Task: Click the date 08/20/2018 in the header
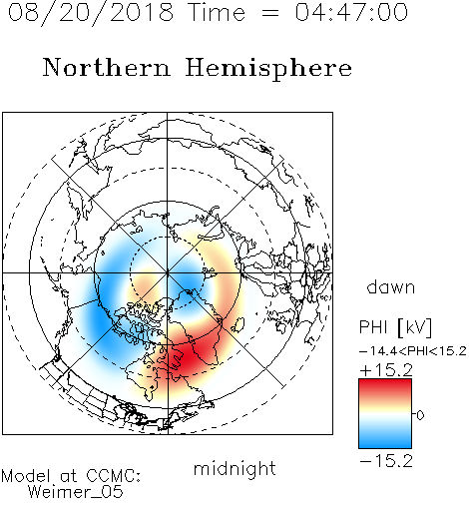click(91, 12)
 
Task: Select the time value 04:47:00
click(351, 12)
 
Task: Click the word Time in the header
click(217, 12)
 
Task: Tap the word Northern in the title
click(107, 67)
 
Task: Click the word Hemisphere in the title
click(268, 69)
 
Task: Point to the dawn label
click(390, 286)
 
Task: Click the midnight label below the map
click(234, 468)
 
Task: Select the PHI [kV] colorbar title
click(395, 327)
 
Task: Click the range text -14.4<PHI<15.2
click(413, 351)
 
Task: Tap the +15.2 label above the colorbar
click(386, 370)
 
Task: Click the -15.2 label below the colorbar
click(386, 461)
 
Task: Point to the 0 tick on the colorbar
click(420, 415)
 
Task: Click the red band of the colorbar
click(385, 387)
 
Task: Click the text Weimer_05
click(76, 492)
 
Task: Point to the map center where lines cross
click(168, 272)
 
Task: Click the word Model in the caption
click(26, 475)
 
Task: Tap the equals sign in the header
click(270, 13)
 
